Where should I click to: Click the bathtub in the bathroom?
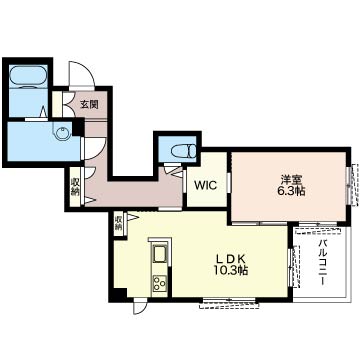tap(28, 77)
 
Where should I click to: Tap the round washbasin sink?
tap(63, 134)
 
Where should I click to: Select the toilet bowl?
tap(183, 151)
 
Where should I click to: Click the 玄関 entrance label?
tap(89, 105)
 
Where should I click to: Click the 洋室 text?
tap(291, 181)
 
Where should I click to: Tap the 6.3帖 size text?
tap(291, 192)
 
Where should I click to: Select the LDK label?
tap(231, 259)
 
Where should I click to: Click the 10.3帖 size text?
tap(231, 271)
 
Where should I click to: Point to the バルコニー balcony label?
tap(322, 262)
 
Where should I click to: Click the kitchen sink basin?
tap(160, 254)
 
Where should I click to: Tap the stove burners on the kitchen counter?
tap(160, 284)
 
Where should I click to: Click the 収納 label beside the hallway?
tap(75, 186)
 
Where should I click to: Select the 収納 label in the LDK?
tap(118, 223)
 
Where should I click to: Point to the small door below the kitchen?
tap(139, 307)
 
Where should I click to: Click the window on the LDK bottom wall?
tap(229, 302)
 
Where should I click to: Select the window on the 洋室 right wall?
tap(353, 184)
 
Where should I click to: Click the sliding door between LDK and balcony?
tap(294, 266)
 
